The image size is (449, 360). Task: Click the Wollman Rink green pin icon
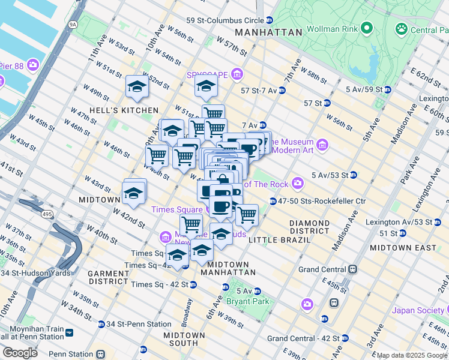click(x=366, y=28)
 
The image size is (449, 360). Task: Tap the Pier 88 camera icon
click(x=33, y=64)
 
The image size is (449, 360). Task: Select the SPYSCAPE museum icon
click(x=237, y=75)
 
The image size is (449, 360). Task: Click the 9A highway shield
click(x=73, y=25)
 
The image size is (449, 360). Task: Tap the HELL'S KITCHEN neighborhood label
click(x=122, y=110)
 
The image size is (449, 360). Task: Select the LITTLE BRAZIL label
click(x=279, y=240)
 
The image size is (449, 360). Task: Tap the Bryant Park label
click(x=247, y=301)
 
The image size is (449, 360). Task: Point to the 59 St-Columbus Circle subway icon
click(x=270, y=20)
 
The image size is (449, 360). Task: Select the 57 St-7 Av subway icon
click(x=282, y=91)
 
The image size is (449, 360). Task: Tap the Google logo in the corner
click(x=20, y=353)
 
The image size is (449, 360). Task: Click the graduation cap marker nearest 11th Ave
click(x=137, y=88)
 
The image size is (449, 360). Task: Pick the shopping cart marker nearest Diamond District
click(x=246, y=214)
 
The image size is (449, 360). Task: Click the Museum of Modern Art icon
click(x=322, y=145)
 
